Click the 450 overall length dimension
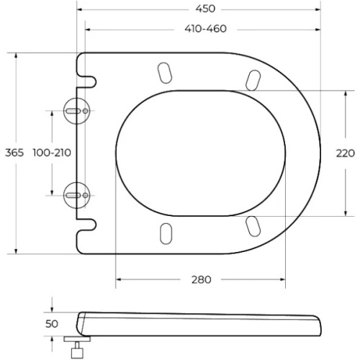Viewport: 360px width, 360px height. [x=205, y=9]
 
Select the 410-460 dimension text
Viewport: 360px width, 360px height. [x=206, y=29]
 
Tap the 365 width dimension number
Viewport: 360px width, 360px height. [x=14, y=153]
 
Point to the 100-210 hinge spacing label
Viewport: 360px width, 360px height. [x=52, y=153]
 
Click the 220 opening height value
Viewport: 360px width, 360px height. [x=345, y=153]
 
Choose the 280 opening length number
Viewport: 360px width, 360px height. [x=201, y=279]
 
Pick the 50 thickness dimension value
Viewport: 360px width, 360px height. [x=52, y=324]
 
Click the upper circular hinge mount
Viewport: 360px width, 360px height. [x=76, y=111]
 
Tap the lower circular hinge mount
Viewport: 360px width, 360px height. [x=76, y=195]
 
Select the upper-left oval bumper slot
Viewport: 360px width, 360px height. [x=165, y=73]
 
